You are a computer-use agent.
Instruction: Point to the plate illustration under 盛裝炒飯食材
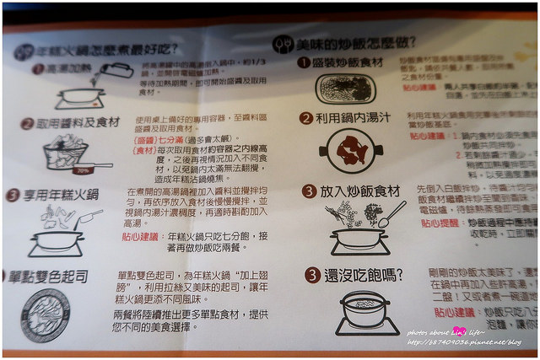pyautogui.click(x=350, y=89)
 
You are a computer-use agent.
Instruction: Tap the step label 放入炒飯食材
pyautogui.click(x=360, y=192)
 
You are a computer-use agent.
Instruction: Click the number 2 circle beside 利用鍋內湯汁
pyautogui.click(x=305, y=118)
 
